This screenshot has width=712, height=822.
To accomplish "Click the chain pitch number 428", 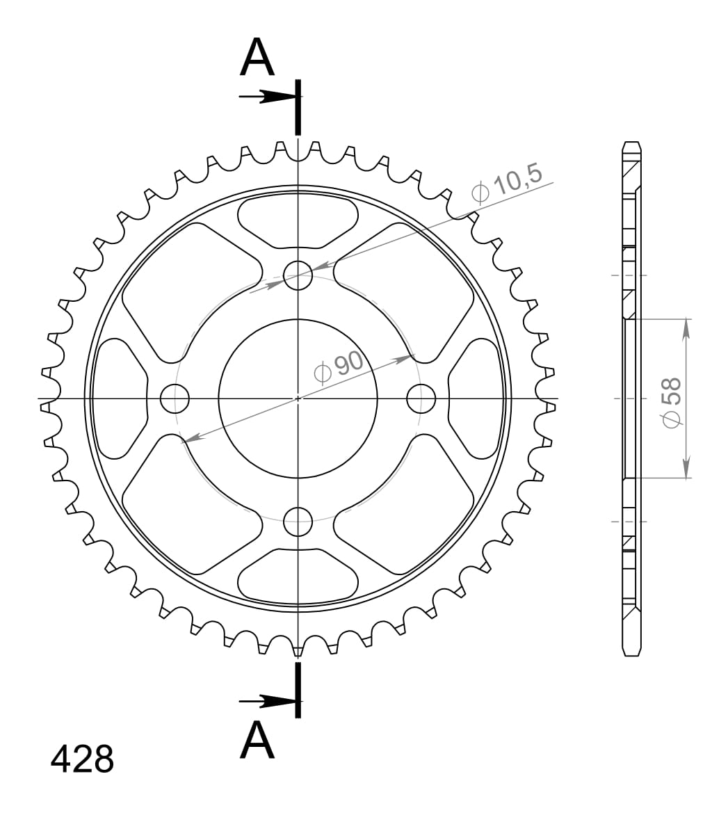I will [x=82, y=759].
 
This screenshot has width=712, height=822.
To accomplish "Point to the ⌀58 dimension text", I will [x=672, y=403].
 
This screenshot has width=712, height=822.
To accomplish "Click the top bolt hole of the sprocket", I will [x=298, y=275].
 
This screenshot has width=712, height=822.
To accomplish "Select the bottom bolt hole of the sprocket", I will [x=298, y=522].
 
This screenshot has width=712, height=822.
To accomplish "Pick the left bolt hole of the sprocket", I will [x=175, y=398].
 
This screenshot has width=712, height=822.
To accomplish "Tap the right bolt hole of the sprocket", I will [x=421, y=398].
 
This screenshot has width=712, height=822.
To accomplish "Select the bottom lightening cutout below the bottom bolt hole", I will [x=298, y=574].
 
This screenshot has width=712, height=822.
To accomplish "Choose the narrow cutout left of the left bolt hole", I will [x=120, y=398].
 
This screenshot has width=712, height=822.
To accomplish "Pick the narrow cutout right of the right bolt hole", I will [x=476, y=398].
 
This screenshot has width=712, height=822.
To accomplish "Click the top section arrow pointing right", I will [x=268, y=97].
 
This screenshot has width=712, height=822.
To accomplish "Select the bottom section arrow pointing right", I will [x=268, y=700].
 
